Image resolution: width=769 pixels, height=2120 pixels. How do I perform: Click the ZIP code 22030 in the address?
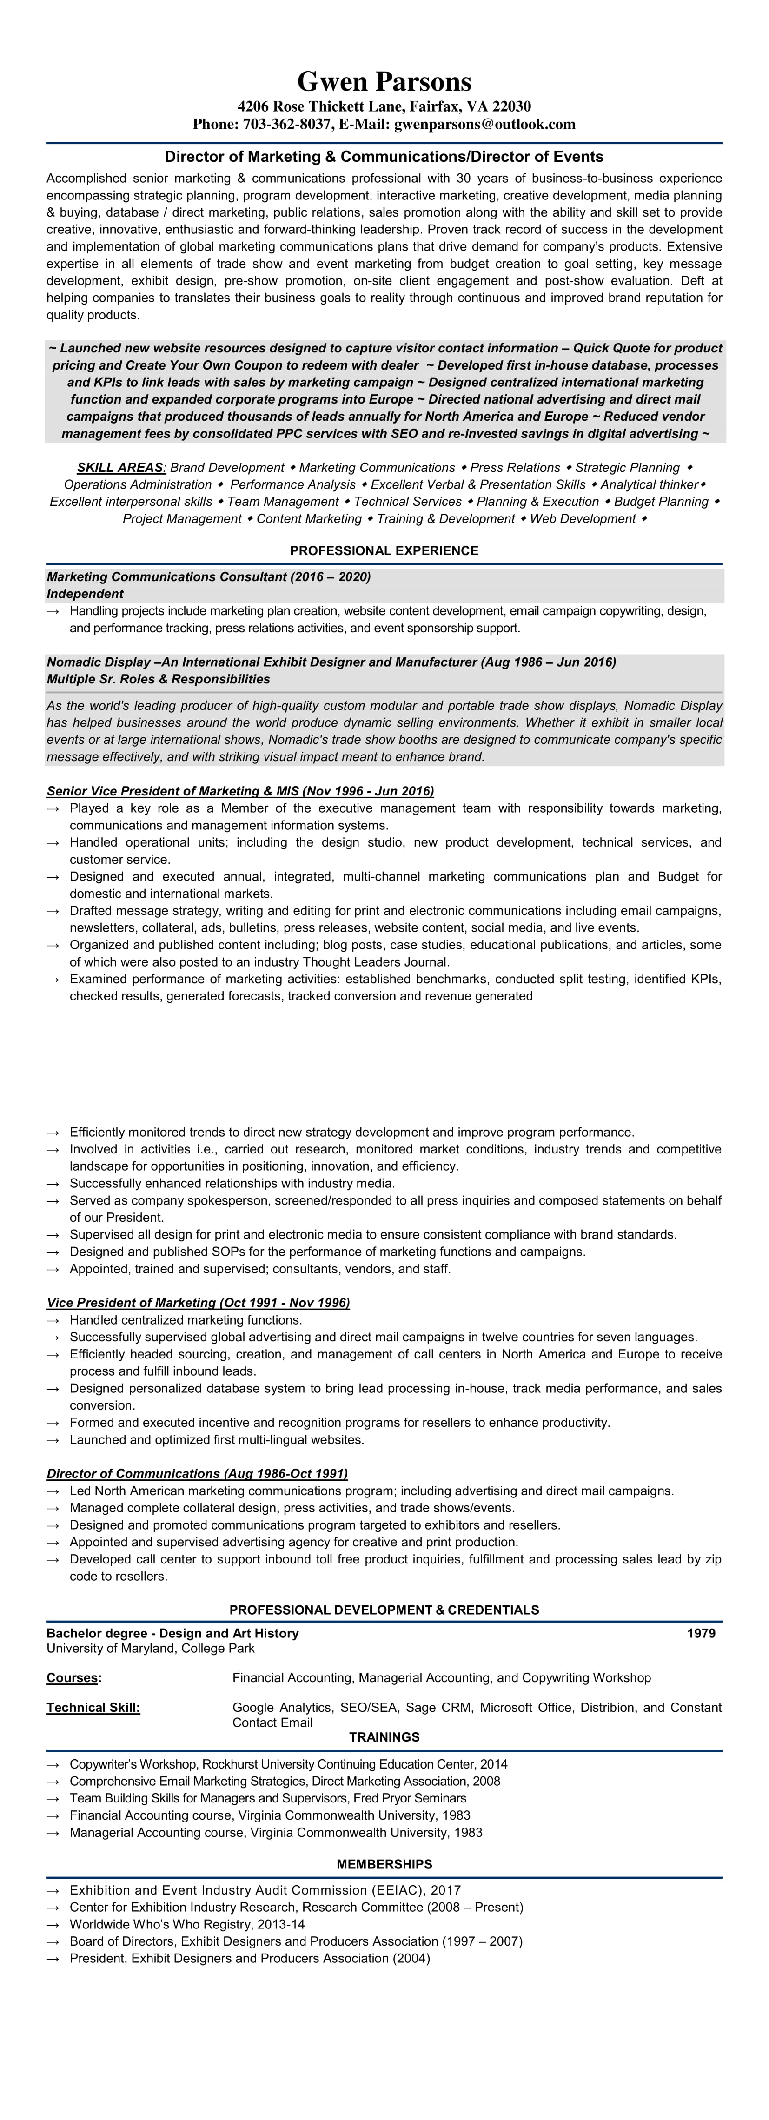tap(511, 106)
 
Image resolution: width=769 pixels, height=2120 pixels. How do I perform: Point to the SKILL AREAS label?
tap(121, 467)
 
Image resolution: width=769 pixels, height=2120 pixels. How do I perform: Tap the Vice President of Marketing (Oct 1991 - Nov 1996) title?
tap(198, 1303)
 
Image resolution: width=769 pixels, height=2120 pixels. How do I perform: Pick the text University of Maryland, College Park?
tap(151, 1649)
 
